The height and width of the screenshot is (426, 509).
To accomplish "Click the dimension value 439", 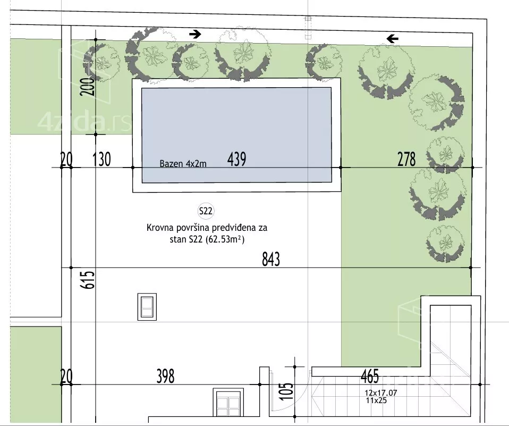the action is tap(236, 159).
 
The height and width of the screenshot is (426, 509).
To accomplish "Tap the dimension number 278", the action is tap(406, 159).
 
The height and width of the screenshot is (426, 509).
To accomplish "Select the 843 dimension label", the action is tap(271, 259).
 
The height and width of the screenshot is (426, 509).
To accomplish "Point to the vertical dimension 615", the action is tap(88, 280).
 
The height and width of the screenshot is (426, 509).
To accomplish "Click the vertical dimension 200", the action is tap(88, 87).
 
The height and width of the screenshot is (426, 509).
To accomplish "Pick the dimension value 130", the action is tap(101, 159).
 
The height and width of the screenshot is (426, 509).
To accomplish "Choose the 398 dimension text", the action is tap(166, 376).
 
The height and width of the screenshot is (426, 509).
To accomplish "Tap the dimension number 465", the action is tap(370, 376).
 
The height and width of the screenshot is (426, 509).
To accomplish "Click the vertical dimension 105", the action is tap(286, 391).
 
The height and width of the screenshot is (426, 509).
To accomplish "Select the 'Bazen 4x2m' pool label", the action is tap(183, 163).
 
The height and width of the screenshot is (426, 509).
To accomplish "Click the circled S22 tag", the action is tap(206, 211).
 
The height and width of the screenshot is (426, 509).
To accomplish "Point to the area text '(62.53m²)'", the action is tap(225, 239).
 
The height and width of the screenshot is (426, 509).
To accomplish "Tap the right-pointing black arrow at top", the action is tap(195, 34).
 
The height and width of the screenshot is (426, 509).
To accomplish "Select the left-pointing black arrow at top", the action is tap(392, 39).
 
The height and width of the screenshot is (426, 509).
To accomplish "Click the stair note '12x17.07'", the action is tap(381, 393).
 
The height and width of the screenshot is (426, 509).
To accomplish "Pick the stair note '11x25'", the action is tap(376, 400).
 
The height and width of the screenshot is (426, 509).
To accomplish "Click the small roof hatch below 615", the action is tap(147, 307).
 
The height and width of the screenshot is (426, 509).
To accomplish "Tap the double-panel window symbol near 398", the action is tap(228, 402).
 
